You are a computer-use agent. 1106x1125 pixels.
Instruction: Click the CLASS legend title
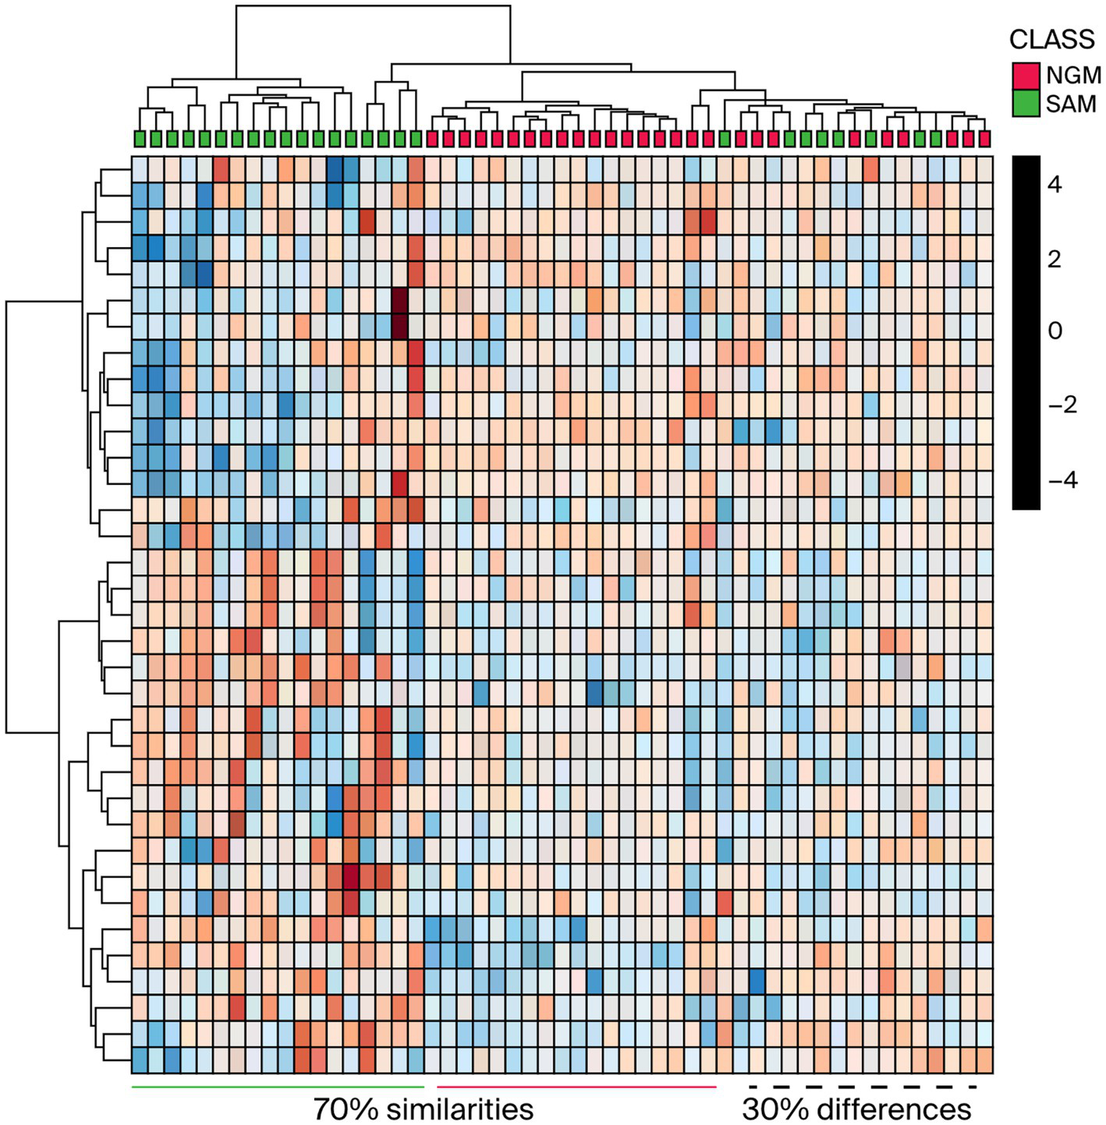(1051, 39)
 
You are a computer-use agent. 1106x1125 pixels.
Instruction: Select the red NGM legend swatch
(1026, 76)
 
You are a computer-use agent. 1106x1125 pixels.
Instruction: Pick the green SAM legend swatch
(1026, 104)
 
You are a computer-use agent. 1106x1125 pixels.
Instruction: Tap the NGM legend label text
(1073, 76)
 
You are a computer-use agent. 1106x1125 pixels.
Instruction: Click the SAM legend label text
(1071, 104)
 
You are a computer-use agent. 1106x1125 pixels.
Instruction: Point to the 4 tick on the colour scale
(1055, 185)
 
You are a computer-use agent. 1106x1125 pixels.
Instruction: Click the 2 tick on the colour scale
(1055, 259)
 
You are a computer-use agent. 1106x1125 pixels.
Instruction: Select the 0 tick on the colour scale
(1055, 331)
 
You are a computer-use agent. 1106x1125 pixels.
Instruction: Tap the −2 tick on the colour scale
(1061, 405)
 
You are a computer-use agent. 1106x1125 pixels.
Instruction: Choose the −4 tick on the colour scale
(1061, 479)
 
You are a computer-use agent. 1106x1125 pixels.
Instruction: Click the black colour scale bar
(1026, 332)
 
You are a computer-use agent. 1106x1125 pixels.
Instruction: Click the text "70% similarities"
(423, 1108)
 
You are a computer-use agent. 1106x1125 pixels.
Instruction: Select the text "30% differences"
(856, 1108)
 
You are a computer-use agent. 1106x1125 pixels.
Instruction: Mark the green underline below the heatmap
(278, 1086)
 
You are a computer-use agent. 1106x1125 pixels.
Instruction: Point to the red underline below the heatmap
(576, 1086)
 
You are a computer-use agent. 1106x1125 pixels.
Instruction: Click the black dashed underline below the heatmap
(863, 1086)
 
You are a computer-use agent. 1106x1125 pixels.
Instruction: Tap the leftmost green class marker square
(140, 139)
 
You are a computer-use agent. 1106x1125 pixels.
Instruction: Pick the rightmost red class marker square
(984, 139)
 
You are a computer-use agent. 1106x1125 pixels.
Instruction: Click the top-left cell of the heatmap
(140, 169)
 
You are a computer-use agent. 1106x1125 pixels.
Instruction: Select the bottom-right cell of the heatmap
(984, 1060)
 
